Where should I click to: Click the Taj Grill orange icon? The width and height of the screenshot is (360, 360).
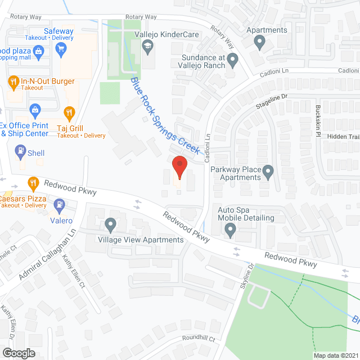click(x=69, y=113)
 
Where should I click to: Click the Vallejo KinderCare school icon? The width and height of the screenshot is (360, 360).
click(x=148, y=47)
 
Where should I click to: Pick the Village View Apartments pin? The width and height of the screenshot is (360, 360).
click(x=110, y=226)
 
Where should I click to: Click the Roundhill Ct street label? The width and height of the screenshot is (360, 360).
click(x=199, y=339)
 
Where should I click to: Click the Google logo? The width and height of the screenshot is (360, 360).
click(x=18, y=353)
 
